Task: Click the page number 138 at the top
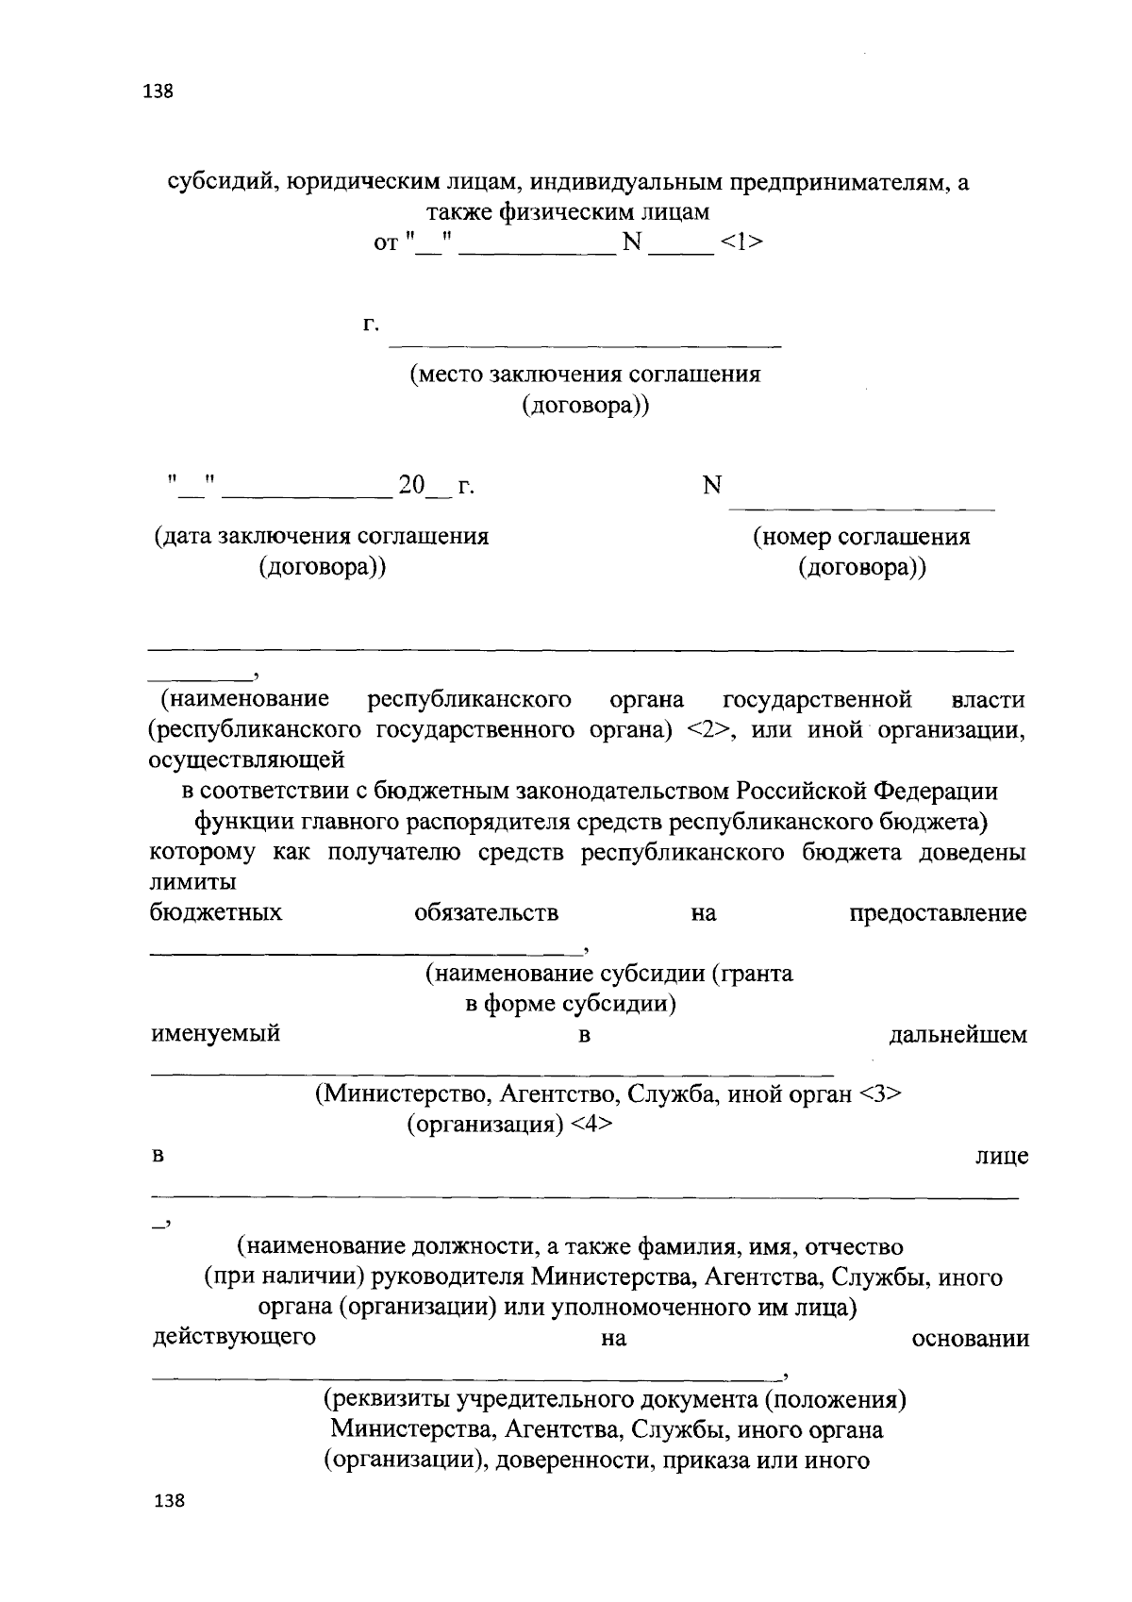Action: coord(158,92)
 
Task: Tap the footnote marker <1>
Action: coord(741,243)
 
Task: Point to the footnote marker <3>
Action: coord(881,1094)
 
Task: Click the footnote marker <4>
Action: coord(590,1125)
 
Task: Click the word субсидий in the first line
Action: coord(221,182)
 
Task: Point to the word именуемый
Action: coord(216,1033)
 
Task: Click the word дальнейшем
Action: coord(958,1035)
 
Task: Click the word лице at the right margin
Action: coord(1002,1157)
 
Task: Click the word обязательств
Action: coord(486,913)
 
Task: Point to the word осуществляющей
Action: coord(246,759)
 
